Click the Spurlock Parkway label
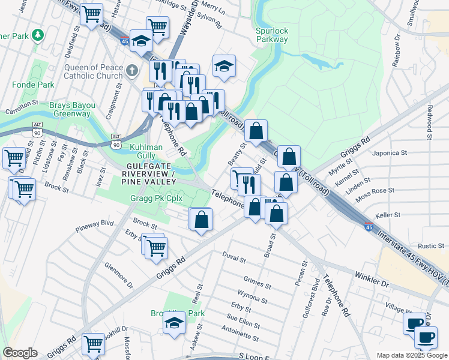point(272,35)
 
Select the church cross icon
point(132,71)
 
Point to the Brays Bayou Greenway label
point(72,109)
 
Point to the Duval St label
point(235,259)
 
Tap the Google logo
point(20,353)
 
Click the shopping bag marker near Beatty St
point(256,130)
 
